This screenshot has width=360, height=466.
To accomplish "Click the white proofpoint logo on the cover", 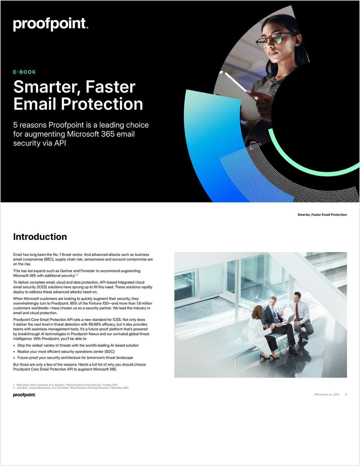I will click(50, 24).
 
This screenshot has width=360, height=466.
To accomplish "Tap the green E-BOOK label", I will click(25, 72).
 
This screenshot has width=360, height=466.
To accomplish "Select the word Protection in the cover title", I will click(102, 104).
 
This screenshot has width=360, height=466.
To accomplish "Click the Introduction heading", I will click(40, 237).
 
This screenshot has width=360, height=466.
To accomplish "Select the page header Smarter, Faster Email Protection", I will click(322, 215).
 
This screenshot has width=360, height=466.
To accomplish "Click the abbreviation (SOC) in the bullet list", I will click(109, 352).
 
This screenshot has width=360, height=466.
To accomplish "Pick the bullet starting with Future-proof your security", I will click(75, 358).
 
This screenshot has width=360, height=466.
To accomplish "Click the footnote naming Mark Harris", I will click(67, 385).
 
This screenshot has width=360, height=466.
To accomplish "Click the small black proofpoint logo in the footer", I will click(24, 395).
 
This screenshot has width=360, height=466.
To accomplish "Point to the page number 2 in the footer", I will click(346, 394).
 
